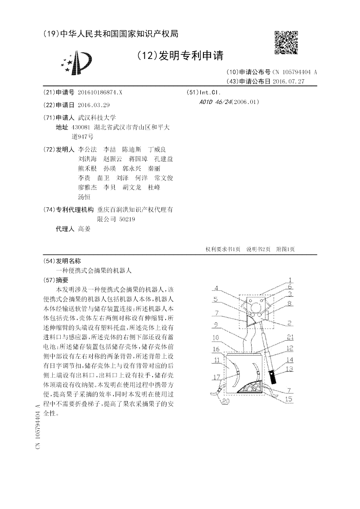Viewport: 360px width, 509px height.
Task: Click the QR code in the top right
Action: click(x=286, y=42)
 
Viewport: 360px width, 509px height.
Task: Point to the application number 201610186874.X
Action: click(x=100, y=92)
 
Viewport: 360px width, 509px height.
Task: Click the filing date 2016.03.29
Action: click(x=94, y=105)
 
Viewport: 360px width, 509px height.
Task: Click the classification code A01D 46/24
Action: click(x=215, y=102)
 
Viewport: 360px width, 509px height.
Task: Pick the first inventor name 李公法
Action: click(x=87, y=149)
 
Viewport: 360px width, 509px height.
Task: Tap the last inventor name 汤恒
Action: click(x=84, y=197)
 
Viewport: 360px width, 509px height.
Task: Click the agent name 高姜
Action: click(x=84, y=229)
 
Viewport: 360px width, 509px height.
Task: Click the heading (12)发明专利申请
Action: click(x=180, y=56)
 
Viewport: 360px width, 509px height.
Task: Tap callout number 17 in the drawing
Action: click(x=216, y=377)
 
